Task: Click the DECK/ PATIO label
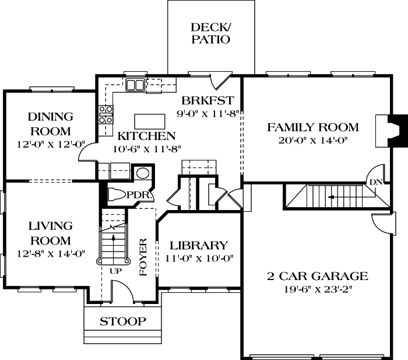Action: coord(210,33)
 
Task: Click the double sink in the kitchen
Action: coord(135,86)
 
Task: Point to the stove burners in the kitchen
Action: coord(105,114)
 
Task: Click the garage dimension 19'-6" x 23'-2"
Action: coord(317,289)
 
